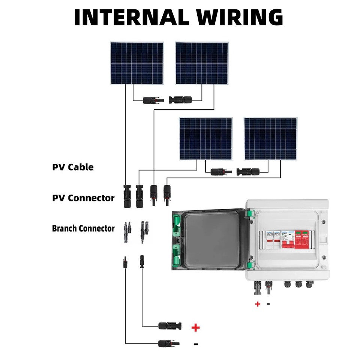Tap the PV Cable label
(x=73, y=167)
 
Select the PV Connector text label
(x=83, y=198)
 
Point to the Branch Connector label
(x=83, y=228)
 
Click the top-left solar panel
(x=137, y=63)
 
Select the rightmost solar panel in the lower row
(x=270, y=139)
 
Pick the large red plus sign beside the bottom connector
(x=195, y=328)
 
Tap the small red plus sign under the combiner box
(x=258, y=304)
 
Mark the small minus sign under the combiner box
(x=268, y=303)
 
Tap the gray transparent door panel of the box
(x=212, y=240)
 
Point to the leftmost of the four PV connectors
(x=126, y=196)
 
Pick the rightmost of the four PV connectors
(x=166, y=194)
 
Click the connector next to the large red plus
(x=170, y=325)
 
